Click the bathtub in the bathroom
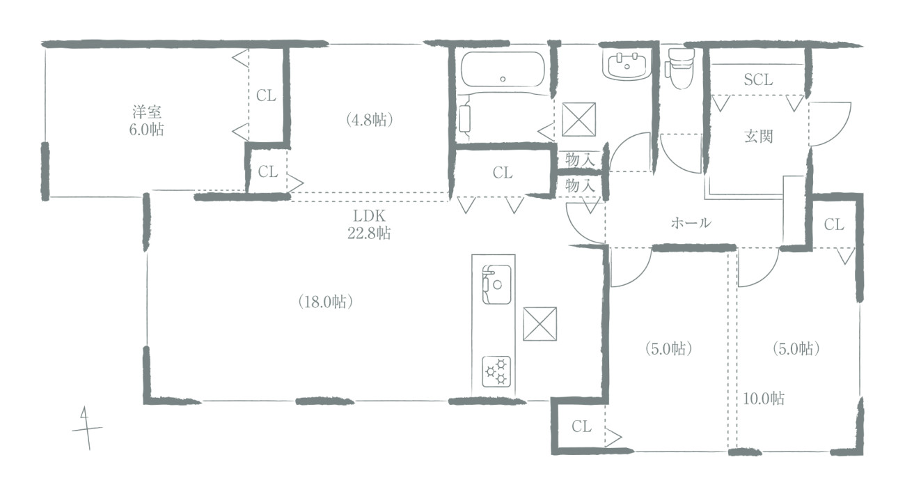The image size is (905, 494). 503,70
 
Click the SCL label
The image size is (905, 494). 758,79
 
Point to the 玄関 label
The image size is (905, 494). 758,137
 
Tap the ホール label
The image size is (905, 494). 691,223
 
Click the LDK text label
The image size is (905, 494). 369,216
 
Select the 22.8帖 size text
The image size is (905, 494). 369,233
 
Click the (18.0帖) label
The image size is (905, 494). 326,302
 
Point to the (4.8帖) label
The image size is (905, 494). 369,120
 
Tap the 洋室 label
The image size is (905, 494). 147,112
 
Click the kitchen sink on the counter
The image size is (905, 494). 496,284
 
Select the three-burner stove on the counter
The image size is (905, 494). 496,371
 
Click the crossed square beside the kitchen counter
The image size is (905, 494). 540,324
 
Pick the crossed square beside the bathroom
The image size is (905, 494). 579,119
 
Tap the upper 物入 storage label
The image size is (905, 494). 580,160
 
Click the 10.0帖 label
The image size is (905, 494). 764,399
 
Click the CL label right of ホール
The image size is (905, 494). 834,224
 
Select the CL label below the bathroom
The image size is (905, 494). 503,173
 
